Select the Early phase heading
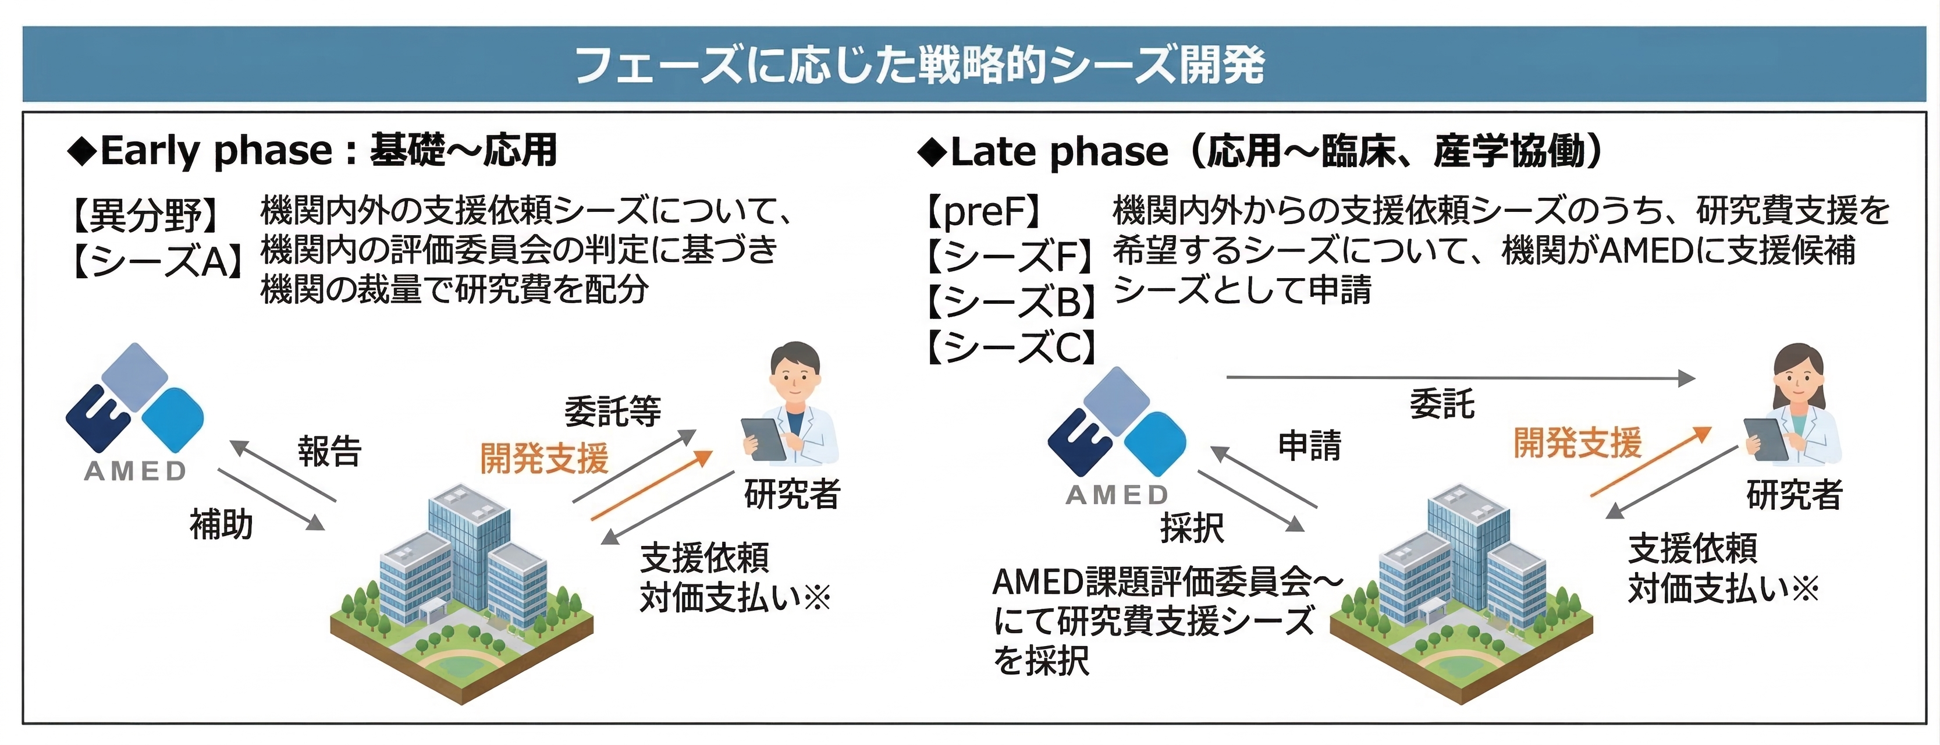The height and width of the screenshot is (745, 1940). [x=312, y=151]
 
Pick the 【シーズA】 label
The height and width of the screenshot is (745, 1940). [x=157, y=261]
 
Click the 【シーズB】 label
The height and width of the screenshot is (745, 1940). [x=1011, y=302]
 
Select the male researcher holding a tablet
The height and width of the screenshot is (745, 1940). [x=791, y=403]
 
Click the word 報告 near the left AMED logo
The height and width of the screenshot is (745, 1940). [x=330, y=451]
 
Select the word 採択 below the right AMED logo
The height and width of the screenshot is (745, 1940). [x=1192, y=527]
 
